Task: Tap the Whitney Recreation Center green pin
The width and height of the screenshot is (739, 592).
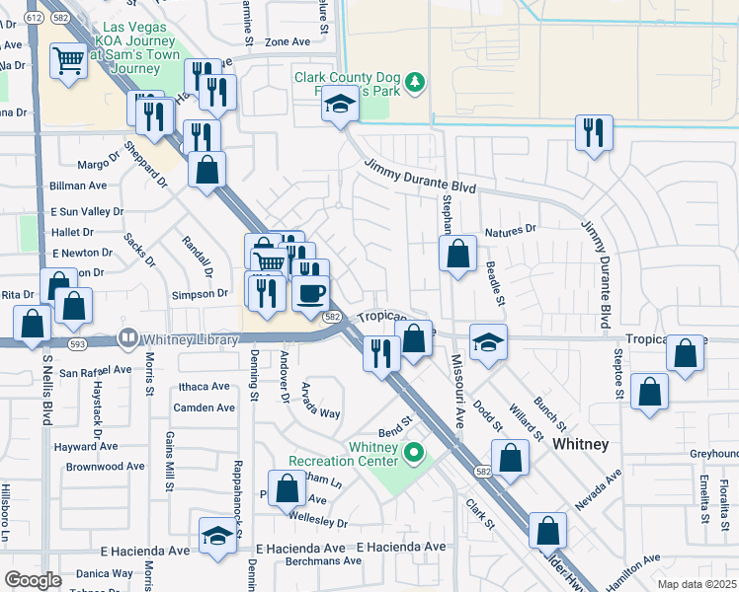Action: [415, 454]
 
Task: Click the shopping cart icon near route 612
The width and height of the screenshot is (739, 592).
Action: [68, 62]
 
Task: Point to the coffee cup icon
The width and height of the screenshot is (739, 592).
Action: [311, 293]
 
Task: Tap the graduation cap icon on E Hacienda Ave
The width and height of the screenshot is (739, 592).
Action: [217, 536]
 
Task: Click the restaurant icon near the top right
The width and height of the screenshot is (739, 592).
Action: [594, 132]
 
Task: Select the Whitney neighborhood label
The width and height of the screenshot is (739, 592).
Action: [581, 445]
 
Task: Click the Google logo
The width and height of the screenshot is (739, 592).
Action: [33, 579]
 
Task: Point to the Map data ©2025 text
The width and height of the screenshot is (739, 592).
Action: [696, 584]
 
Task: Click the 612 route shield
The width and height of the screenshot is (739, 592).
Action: [34, 18]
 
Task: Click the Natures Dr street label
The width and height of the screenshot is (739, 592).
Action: [510, 229]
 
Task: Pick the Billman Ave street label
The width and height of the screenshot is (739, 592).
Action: [77, 185]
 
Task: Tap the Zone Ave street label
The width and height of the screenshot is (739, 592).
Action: [287, 41]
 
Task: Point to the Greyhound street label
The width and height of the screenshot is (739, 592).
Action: [713, 454]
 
